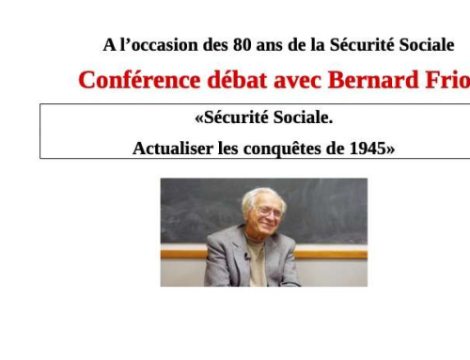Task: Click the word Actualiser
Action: [174, 148]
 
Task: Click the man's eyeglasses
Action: [266, 213]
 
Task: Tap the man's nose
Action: [269, 218]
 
